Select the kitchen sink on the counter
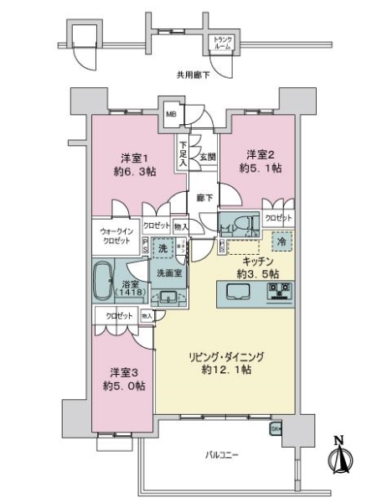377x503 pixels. click(234, 292)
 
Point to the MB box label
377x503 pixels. click(170, 116)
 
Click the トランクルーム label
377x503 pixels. click(222, 42)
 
